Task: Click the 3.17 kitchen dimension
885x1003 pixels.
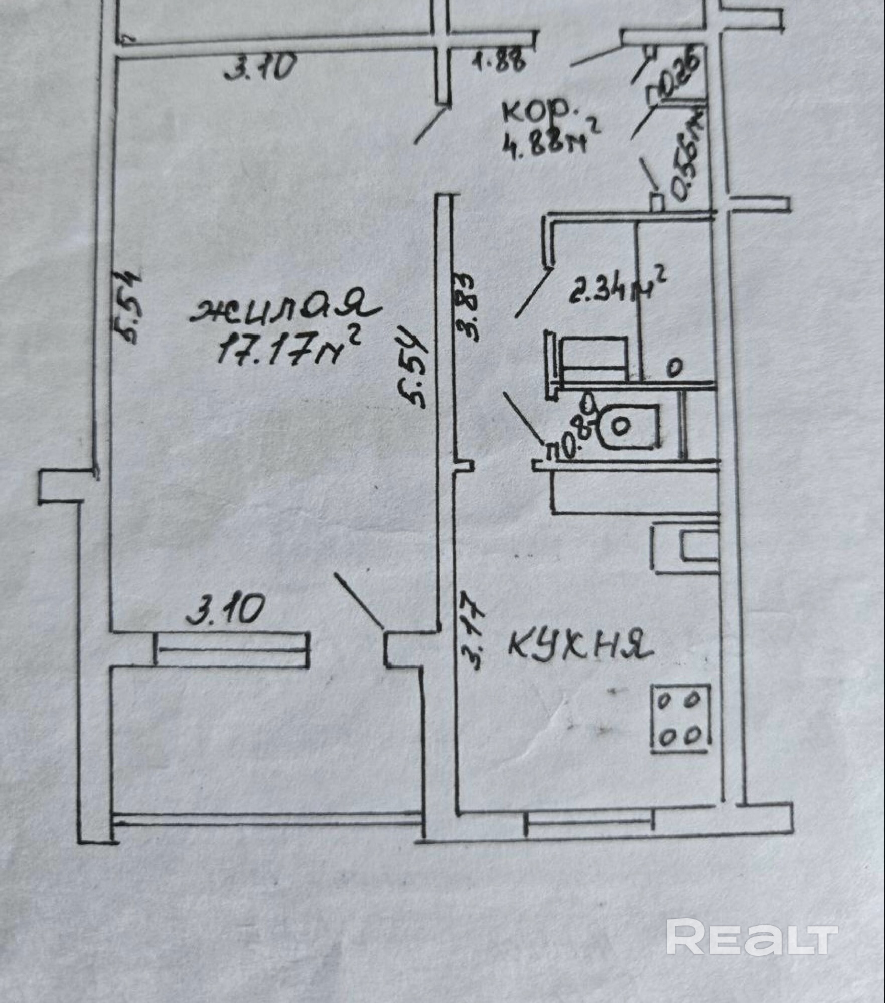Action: pos(472,630)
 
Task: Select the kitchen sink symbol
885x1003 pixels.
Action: pos(686,548)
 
